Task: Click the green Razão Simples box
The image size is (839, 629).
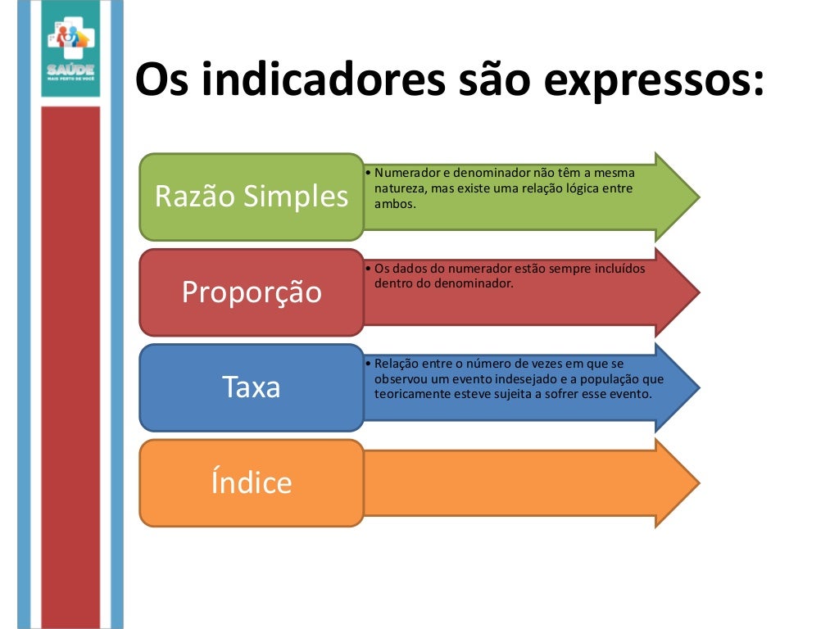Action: (251, 197)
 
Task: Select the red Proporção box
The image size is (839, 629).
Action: (251, 292)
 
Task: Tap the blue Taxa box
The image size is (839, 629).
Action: (251, 387)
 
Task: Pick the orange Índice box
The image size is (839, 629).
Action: (251, 482)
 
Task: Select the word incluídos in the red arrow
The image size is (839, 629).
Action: (618, 269)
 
